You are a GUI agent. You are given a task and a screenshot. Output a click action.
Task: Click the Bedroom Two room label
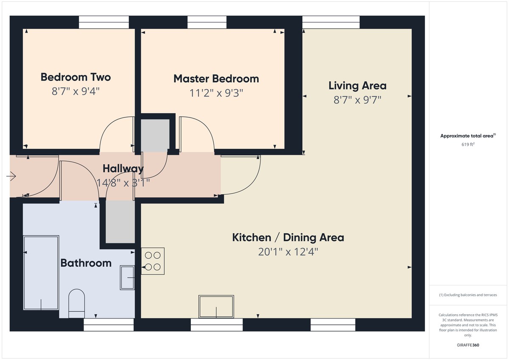[x=76, y=77]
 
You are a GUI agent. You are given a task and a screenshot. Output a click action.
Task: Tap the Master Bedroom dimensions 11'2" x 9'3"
[x=216, y=93]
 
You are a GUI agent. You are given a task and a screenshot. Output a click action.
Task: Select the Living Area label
[x=357, y=86]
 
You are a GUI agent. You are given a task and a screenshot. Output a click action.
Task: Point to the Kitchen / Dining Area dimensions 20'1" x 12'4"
[x=288, y=252]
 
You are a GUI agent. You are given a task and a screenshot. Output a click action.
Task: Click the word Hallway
[x=123, y=169]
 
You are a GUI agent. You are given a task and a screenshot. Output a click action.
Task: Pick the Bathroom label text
[x=86, y=263]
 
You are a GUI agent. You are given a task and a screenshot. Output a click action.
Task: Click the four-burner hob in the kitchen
[x=153, y=261]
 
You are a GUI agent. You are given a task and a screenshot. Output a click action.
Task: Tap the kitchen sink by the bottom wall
[x=216, y=307]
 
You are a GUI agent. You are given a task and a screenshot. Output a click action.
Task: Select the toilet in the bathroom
[x=77, y=303]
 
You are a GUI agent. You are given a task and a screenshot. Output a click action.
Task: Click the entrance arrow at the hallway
[x=11, y=176]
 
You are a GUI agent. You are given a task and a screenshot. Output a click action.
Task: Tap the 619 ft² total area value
[x=468, y=144]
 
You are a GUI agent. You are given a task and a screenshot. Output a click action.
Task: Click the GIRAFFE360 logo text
[x=468, y=345]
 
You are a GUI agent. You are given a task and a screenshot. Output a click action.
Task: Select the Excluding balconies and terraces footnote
[x=468, y=295]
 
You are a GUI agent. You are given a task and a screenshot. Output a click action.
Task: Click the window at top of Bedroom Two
[x=104, y=22]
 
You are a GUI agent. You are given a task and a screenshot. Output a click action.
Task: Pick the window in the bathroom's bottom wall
[x=109, y=325]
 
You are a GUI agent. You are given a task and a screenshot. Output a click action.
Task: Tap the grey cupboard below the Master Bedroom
[x=155, y=134]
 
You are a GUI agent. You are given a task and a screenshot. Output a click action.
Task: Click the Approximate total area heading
[x=468, y=136]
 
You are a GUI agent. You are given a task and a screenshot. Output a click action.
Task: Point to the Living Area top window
[x=331, y=22]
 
